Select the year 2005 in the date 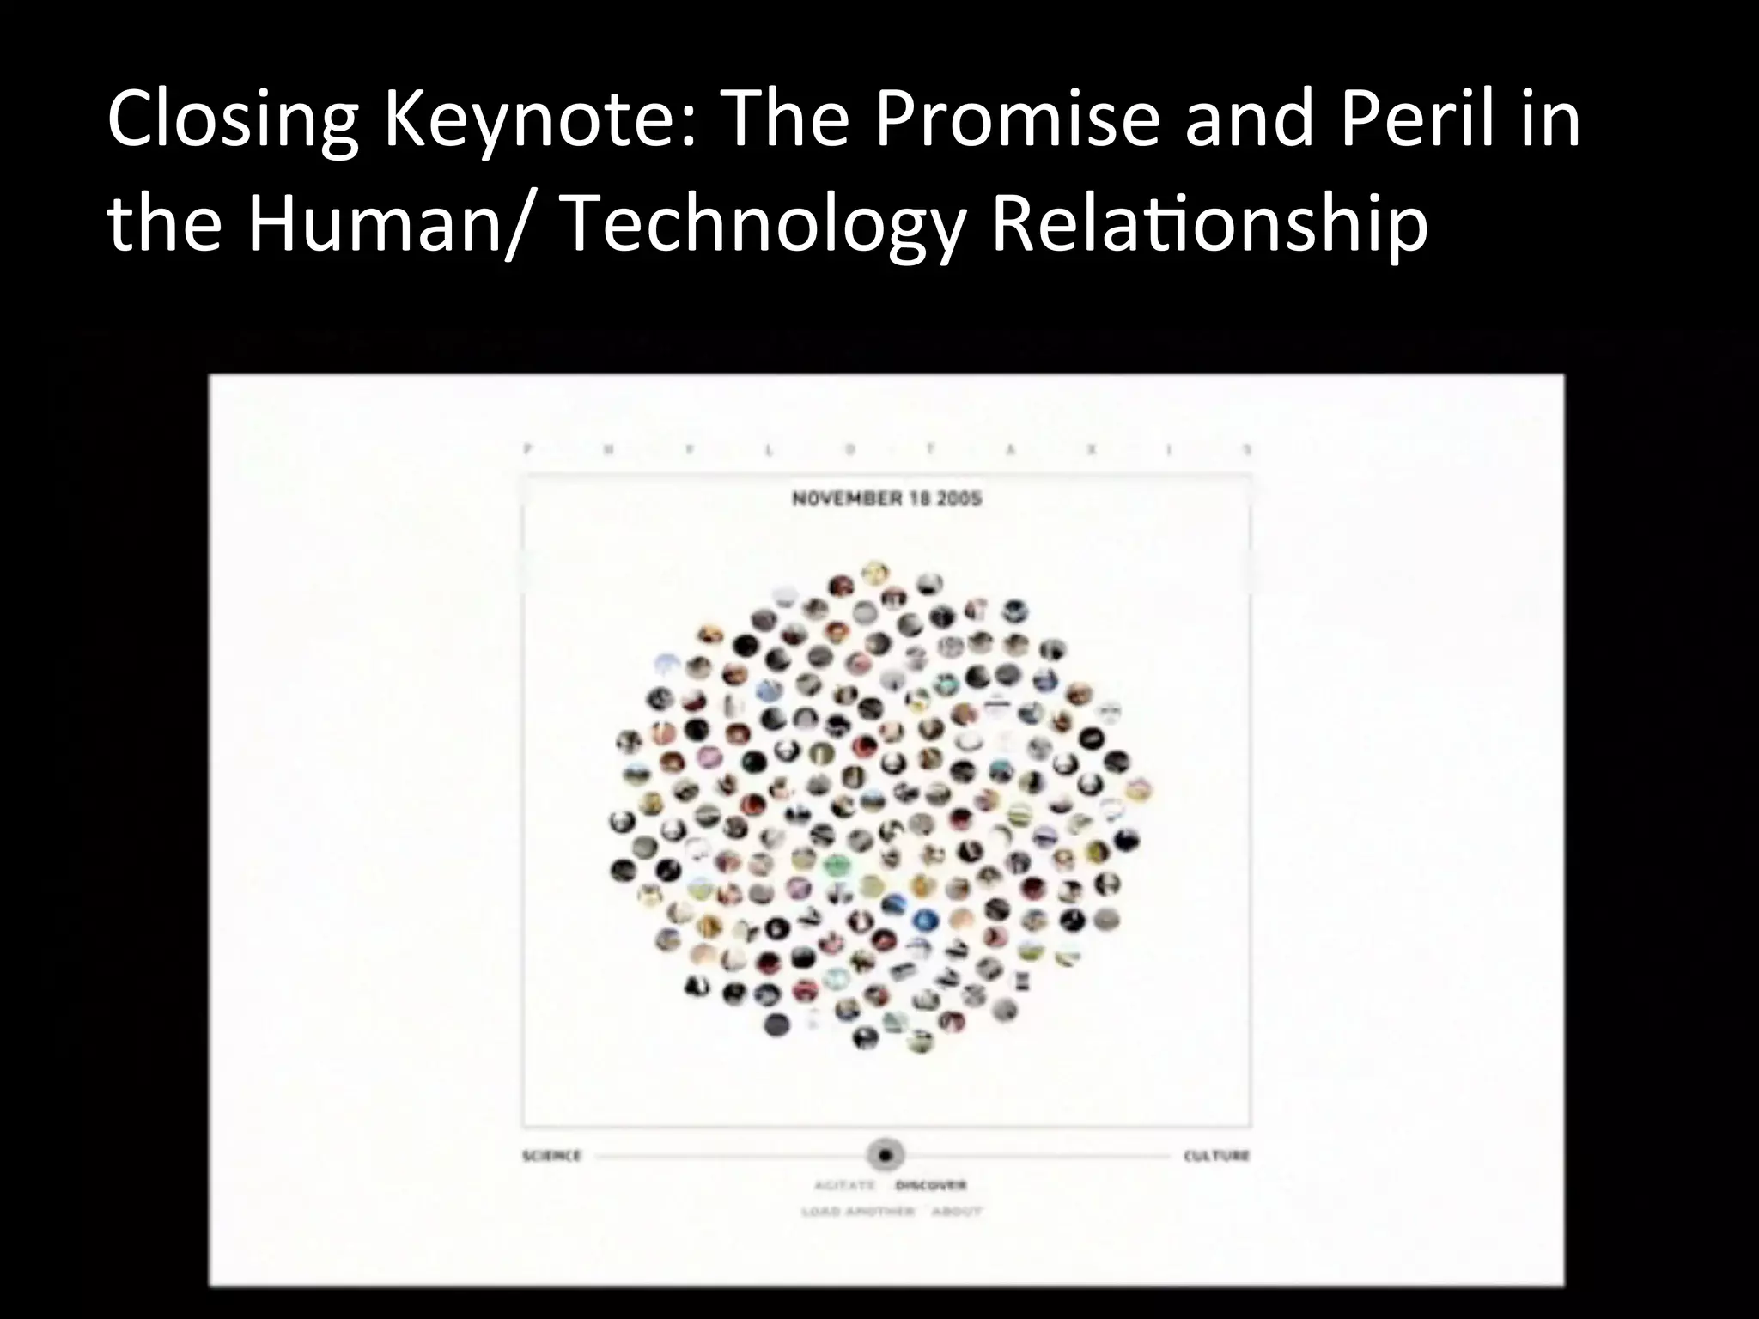[959, 499]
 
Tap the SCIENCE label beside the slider [552, 1156]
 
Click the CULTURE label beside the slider [1216, 1156]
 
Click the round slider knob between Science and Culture [885, 1155]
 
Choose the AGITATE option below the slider [843, 1186]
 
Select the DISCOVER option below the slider [931, 1186]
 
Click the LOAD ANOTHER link [856, 1212]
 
